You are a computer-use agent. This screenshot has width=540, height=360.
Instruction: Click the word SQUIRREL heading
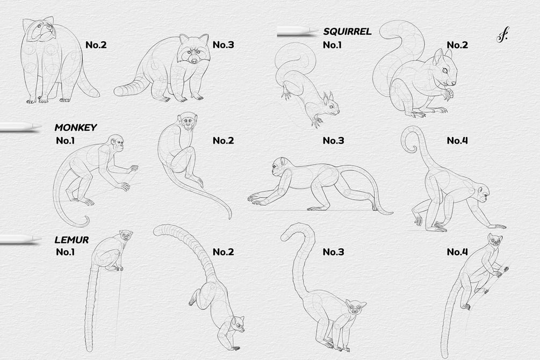(x=347, y=32)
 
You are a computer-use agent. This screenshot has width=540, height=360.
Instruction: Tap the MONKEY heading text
(x=75, y=127)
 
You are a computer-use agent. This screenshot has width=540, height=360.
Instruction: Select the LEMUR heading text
(x=71, y=240)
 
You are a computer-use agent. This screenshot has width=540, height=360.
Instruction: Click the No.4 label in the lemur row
(x=457, y=252)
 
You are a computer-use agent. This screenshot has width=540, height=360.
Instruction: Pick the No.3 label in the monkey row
(x=333, y=141)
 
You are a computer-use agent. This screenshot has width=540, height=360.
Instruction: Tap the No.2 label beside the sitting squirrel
(x=457, y=45)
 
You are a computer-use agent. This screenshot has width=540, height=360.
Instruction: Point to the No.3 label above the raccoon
(x=223, y=45)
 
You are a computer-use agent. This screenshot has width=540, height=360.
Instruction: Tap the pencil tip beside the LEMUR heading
(x=37, y=239)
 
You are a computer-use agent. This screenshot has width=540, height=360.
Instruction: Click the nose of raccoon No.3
(x=195, y=61)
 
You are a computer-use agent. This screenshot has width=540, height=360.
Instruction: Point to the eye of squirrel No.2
(x=445, y=70)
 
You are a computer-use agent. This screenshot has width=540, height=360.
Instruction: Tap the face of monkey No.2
(x=188, y=122)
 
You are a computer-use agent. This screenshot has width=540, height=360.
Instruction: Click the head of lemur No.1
(x=126, y=235)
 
